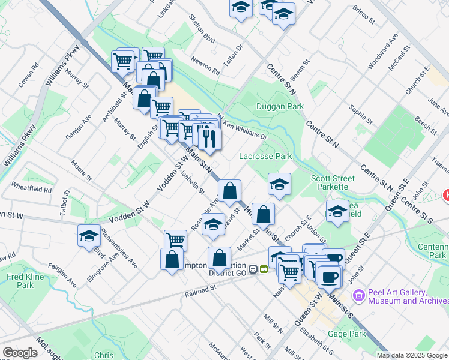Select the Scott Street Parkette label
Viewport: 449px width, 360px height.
click(333, 182)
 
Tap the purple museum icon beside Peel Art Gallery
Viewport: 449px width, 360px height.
click(359, 295)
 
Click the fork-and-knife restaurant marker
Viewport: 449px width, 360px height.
click(209, 139)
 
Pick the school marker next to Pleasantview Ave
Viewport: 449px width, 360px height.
click(89, 235)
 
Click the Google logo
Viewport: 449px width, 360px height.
click(20, 353)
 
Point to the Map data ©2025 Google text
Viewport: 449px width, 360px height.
click(412, 355)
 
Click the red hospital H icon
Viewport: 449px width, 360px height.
click(446, 194)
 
